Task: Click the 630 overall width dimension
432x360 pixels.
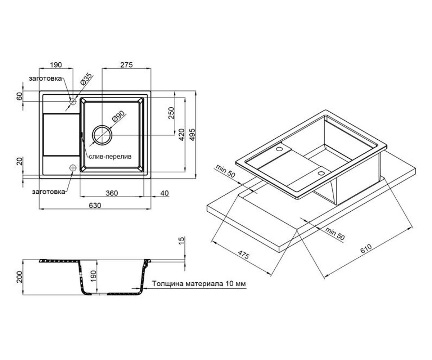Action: (x=95, y=206)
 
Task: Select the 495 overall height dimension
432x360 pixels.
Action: (x=192, y=135)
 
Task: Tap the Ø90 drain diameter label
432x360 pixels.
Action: (x=118, y=117)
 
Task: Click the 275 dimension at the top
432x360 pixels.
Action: (x=126, y=65)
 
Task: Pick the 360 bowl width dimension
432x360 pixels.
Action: (x=112, y=193)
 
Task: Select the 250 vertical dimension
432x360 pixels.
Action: (x=171, y=113)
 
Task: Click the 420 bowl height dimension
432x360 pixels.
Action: (x=181, y=135)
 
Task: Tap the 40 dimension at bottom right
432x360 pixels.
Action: (x=165, y=193)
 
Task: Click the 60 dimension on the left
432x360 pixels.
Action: (x=19, y=96)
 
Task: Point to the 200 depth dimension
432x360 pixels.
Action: (x=19, y=277)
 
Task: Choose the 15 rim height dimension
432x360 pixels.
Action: (x=181, y=240)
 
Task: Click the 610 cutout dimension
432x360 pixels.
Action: (x=366, y=249)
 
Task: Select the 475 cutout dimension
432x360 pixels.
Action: (x=243, y=255)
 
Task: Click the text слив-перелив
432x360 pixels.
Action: (x=110, y=157)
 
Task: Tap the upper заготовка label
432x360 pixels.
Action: (x=45, y=78)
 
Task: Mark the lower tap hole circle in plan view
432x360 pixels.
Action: (x=73, y=168)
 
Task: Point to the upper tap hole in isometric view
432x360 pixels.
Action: (x=279, y=149)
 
